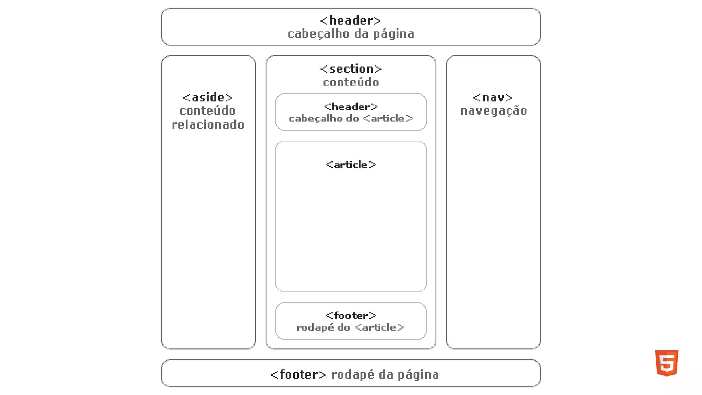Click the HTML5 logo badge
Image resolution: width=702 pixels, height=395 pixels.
pos(667,363)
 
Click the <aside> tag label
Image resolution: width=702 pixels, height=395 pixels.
pos(208,98)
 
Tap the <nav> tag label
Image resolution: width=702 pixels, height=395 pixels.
pos(493,98)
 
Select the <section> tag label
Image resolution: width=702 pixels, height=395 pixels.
pos(351,69)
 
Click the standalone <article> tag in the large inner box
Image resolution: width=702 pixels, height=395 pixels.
pos(351,165)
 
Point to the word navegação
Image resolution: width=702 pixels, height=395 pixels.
pos(494,111)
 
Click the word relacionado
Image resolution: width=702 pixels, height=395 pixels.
pos(208,125)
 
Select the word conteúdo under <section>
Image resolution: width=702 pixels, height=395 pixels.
pos(351,82)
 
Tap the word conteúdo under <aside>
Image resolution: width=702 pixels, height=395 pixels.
pos(208,111)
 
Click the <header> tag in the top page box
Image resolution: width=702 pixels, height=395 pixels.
pos(351,21)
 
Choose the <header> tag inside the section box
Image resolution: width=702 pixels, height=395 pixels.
pos(351,107)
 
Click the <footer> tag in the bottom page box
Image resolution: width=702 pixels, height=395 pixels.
pos(298,375)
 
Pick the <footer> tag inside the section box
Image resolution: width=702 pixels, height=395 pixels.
pos(351,316)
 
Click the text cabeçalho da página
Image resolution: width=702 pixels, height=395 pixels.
pos(351,34)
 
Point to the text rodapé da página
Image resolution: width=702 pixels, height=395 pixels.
pos(385,375)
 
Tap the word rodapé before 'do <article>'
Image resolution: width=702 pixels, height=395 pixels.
pos(315,327)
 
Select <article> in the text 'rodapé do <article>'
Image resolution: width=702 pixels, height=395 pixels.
pos(379,327)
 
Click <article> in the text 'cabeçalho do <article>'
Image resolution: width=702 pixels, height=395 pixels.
pos(388,119)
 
